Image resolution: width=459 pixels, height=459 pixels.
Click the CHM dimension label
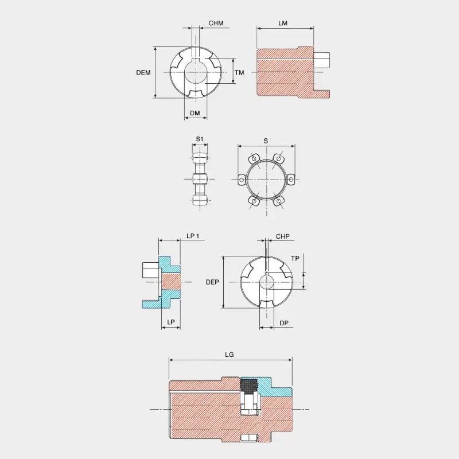[216, 23]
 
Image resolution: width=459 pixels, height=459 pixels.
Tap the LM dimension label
[283, 23]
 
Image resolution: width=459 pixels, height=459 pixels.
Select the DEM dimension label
[143, 72]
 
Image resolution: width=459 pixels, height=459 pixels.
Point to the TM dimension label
[239, 72]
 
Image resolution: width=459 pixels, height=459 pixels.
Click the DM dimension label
[195, 113]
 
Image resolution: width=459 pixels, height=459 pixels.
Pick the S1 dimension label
[199, 139]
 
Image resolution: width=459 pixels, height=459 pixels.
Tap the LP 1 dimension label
[193, 236]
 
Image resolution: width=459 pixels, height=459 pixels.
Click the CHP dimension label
[282, 236]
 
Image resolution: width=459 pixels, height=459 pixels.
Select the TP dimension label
[295, 259]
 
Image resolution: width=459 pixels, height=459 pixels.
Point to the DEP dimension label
[212, 282]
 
